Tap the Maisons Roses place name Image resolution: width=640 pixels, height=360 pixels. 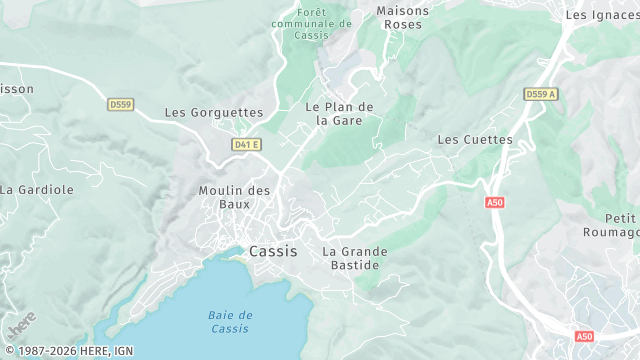[x=403, y=17]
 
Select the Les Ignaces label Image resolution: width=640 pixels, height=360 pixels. [x=602, y=15]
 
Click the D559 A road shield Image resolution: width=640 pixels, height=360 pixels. [x=540, y=94]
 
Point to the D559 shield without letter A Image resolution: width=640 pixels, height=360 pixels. [x=121, y=104]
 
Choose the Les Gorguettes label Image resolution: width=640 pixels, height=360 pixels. [x=213, y=113]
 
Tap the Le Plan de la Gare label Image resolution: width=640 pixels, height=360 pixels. [x=339, y=114]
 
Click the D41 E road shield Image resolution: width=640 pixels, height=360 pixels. [x=245, y=145]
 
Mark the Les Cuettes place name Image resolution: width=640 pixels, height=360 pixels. [x=475, y=140]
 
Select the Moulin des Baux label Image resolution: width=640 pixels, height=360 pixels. [x=234, y=197]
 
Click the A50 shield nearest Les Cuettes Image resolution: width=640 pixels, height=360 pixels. [x=494, y=203]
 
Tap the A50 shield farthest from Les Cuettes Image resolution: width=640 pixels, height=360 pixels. [x=585, y=337]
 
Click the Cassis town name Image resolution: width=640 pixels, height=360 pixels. [x=273, y=251]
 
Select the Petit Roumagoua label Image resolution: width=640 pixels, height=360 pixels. [x=614, y=225]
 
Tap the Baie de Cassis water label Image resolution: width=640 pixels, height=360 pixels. [x=231, y=322]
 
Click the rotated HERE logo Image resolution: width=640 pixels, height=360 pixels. [x=21, y=325]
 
